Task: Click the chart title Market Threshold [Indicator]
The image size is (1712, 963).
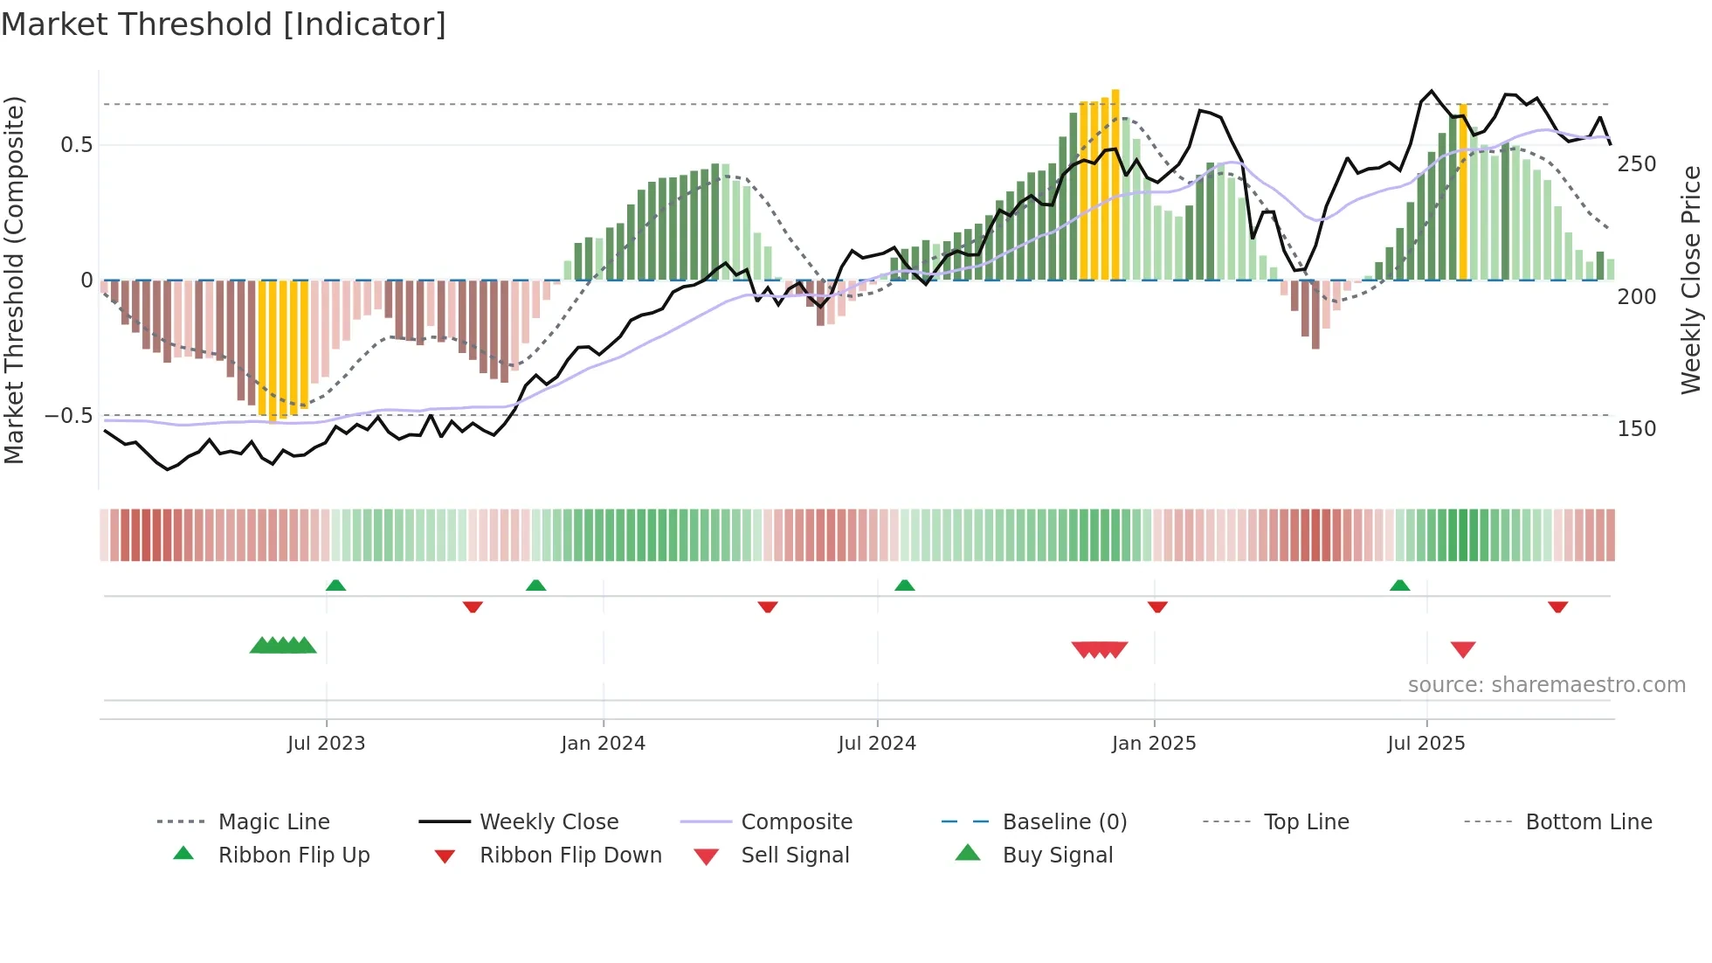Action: tap(224, 24)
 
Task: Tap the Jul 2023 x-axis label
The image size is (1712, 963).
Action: tap(326, 744)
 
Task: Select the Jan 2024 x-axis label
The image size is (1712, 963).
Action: tap(603, 744)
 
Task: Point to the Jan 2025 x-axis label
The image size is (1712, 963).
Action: tap(1153, 744)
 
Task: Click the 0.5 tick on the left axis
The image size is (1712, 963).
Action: tap(77, 145)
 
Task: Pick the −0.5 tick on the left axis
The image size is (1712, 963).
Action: tap(69, 416)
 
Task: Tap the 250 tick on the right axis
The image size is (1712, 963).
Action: tap(1636, 164)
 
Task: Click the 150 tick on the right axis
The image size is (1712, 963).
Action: tap(1636, 429)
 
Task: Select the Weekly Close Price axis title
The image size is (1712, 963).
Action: tap(1691, 280)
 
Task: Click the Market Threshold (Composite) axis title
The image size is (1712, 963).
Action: tap(14, 280)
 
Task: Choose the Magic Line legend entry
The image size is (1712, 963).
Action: tap(273, 822)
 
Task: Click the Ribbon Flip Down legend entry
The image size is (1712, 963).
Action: tap(570, 856)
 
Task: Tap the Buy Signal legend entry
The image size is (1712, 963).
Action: tap(1057, 856)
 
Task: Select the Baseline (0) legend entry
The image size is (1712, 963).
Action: tap(1064, 822)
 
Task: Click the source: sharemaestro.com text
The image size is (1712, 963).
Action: tap(1546, 685)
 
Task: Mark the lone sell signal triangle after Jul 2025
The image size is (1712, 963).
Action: tap(1463, 649)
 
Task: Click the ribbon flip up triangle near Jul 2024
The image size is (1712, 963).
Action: tap(905, 585)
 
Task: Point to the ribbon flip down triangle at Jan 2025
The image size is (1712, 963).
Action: tap(1157, 606)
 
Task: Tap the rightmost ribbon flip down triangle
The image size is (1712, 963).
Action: tap(1557, 606)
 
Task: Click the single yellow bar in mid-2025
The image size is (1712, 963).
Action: tap(1463, 192)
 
